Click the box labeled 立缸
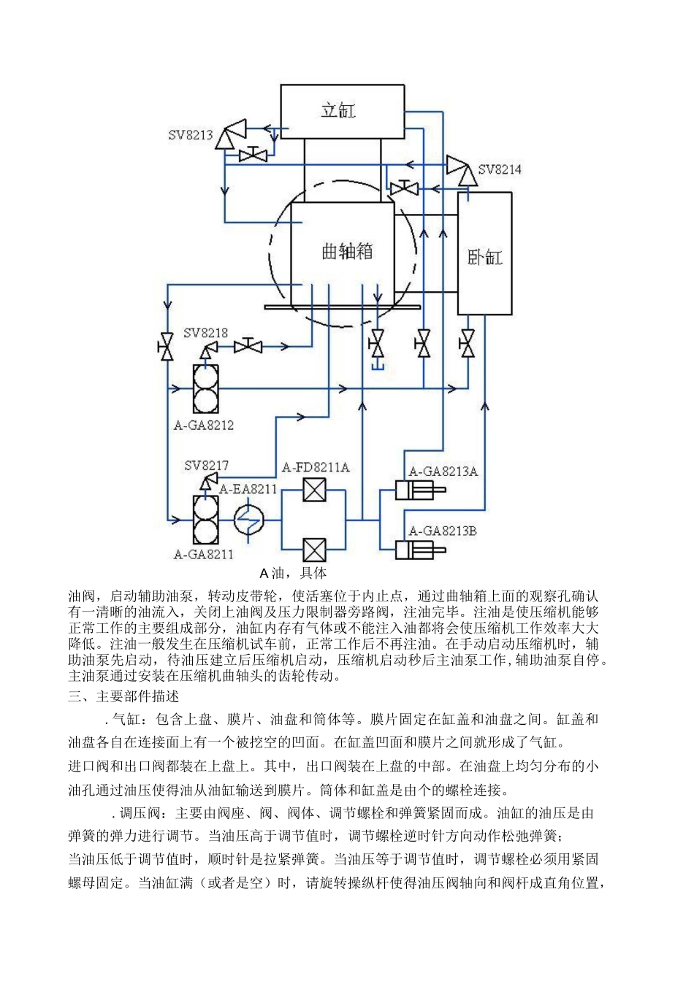point(343,111)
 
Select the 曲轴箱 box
point(347,252)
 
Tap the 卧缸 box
point(485,254)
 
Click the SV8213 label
point(191,135)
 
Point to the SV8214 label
point(500,169)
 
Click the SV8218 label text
point(205,333)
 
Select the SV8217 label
point(206,465)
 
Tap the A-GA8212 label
point(203,425)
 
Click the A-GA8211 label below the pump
point(203,554)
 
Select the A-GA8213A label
point(443,471)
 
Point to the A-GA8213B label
point(443,531)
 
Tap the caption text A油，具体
point(292,573)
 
